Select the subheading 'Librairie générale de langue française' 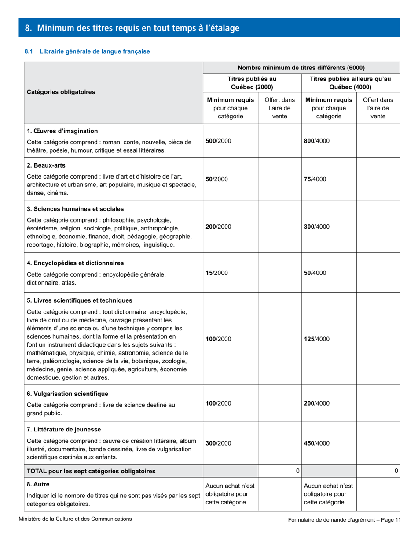pyautogui.click(x=95, y=51)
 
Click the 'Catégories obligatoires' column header pyautogui.click(x=61, y=92)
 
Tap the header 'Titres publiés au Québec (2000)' pyautogui.click(x=252, y=83)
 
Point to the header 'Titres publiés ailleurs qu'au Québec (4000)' pyautogui.click(x=350, y=83)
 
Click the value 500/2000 pyautogui.click(x=218, y=141)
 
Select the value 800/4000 pyautogui.click(x=317, y=141)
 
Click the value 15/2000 pyautogui.click(x=216, y=273)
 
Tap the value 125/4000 pyautogui.click(x=317, y=339)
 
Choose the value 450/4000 pyautogui.click(x=317, y=443)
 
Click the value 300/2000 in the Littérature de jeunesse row pyautogui.click(x=218, y=443)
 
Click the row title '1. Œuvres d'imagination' pyautogui.click(x=62, y=131)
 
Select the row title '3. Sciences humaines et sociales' pyautogui.click(x=75, y=208)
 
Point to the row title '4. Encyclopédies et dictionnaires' pyautogui.click(x=75, y=263)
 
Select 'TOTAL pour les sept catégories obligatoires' pyautogui.click(x=91, y=471)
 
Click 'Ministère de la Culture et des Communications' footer pyautogui.click(x=75, y=519)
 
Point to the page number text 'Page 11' pyautogui.click(x=391, y=520)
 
